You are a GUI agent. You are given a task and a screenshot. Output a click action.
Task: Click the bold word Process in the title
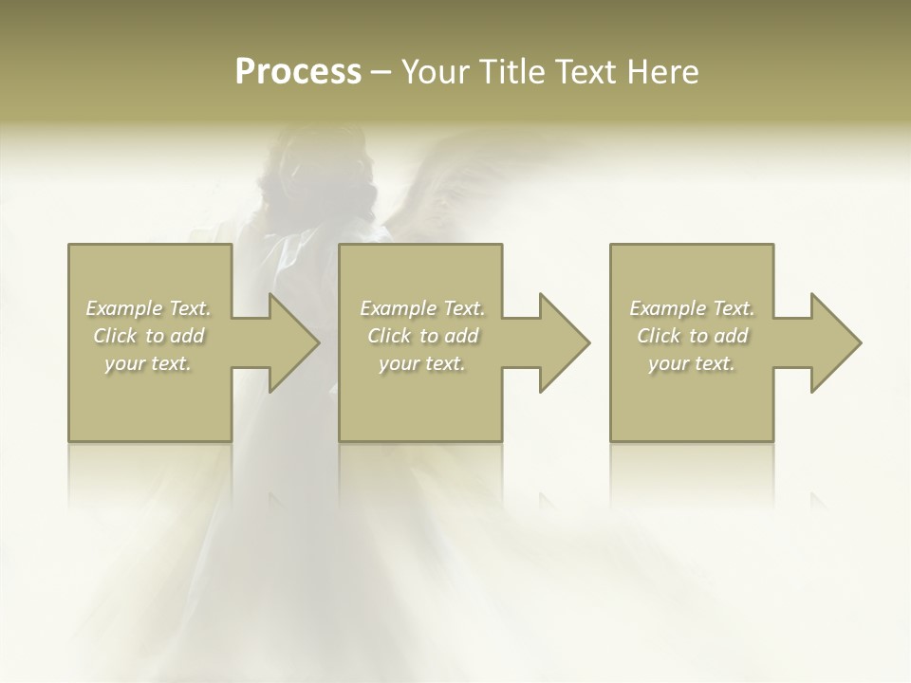coord(298,72)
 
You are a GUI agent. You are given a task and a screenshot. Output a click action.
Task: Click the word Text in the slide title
coord(584,72)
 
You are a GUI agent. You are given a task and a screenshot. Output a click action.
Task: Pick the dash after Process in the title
coord(381,73)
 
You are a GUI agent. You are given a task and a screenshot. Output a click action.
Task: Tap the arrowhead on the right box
coord(834,342)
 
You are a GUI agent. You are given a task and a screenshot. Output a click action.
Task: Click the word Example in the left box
coord(122,308)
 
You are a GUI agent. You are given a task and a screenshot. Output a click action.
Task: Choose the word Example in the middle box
coord(397,308)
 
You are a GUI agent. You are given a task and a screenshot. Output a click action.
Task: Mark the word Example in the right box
coord(666,308)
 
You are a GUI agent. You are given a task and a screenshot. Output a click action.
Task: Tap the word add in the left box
coord(189,336)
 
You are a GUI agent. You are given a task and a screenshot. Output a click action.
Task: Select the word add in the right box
coord(733,336)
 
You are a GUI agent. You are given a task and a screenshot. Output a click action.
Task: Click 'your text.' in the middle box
coord(421,363)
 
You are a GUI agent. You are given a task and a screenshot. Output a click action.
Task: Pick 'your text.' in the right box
coord(691,363)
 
